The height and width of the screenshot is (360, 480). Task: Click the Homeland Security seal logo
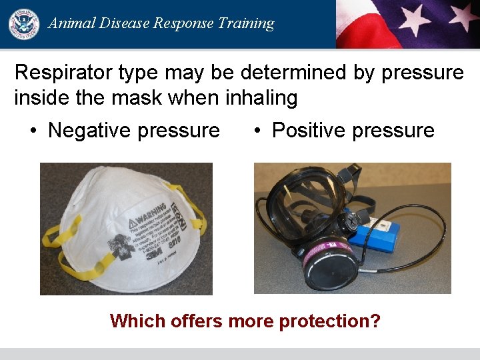point(24,23)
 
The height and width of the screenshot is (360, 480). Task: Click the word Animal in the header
point(70,23)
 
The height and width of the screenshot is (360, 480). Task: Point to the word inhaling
point(261,99)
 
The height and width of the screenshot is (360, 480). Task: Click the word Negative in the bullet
point(94,130)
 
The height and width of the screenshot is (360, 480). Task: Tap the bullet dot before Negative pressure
point(33,130)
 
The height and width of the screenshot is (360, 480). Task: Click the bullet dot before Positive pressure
point(257,130)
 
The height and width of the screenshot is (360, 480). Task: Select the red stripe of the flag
point(363,30)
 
